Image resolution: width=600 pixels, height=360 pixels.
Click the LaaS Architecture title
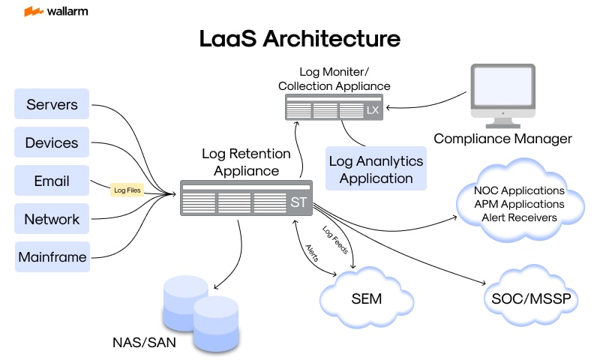[x=300, y=39]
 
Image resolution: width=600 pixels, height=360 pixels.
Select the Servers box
[x=52, y=104]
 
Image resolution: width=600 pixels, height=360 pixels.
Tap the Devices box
[x=52, y=142]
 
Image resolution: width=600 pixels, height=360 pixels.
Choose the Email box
[x=52, y=181]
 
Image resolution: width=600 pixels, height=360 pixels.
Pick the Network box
[x=52, y=219]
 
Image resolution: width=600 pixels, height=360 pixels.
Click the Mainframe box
[x=52, y=257]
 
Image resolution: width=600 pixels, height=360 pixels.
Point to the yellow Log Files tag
[x=127, y=190]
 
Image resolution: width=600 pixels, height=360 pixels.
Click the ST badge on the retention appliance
[x=298, y=202]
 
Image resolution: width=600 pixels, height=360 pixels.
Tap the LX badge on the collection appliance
[x=373, y=110]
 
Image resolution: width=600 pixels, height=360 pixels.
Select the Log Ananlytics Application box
[x=376, y=169]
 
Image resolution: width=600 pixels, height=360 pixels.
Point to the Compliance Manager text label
[x=502, y=138]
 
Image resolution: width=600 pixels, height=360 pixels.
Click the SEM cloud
[x=367, y=298]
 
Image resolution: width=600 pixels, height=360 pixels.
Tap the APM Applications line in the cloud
[x=519, y=204]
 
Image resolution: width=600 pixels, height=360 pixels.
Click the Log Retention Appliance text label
[x=246, y=162]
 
